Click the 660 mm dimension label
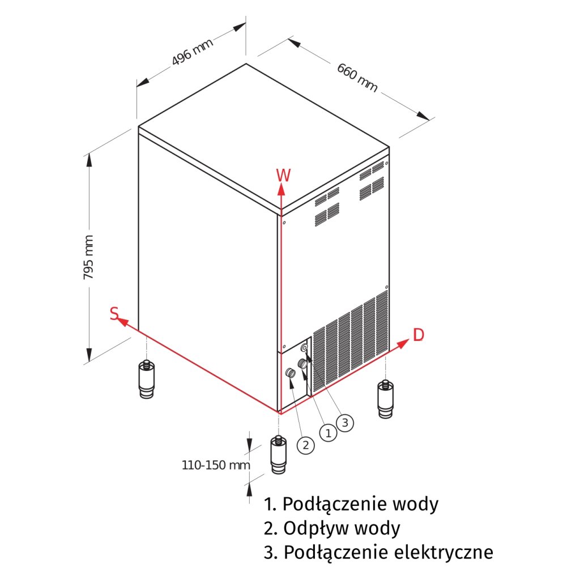coord(357,77)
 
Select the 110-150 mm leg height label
coord(216,465)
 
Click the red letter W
coord(283,175)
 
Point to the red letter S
coord(114,314)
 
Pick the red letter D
coord(418,335)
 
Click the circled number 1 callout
coord(327,433)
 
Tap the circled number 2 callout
coord(306,445)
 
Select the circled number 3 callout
coord(345,421)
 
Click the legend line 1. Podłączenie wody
coord(351,503)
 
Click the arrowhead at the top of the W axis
coord(280,189)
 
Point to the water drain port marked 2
coord(291,373)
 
